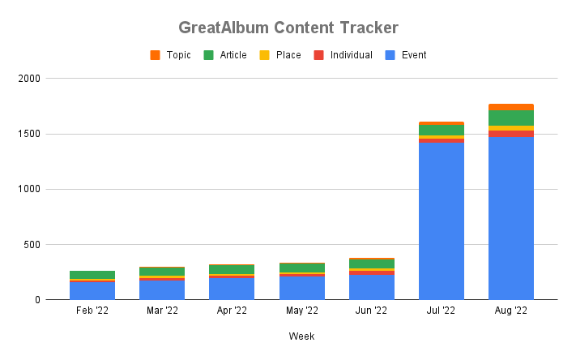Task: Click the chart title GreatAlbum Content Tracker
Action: [288, 28]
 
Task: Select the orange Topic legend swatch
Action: [155, 55]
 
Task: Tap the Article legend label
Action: [233, 55]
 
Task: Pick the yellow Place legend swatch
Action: [264, 55]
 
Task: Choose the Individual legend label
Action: [351, 55]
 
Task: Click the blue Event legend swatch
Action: [390, 55]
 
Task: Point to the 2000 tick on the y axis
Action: [29, 79]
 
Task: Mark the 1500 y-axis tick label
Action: [29, 134]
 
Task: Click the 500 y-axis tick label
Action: [32, 245]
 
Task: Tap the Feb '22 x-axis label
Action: [92, 311]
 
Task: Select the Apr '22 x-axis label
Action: [232, 311]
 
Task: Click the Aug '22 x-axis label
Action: [511, 311]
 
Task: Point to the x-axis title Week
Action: [301, 336]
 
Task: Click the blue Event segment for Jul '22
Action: [442, 221]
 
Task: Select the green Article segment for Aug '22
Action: [511, 118]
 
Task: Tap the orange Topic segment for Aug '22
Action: [511, 107]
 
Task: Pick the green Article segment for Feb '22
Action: [92, 275]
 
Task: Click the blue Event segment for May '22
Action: [302, 288]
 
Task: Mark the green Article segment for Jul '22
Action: [442, 131]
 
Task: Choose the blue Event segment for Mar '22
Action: [162, 290]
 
